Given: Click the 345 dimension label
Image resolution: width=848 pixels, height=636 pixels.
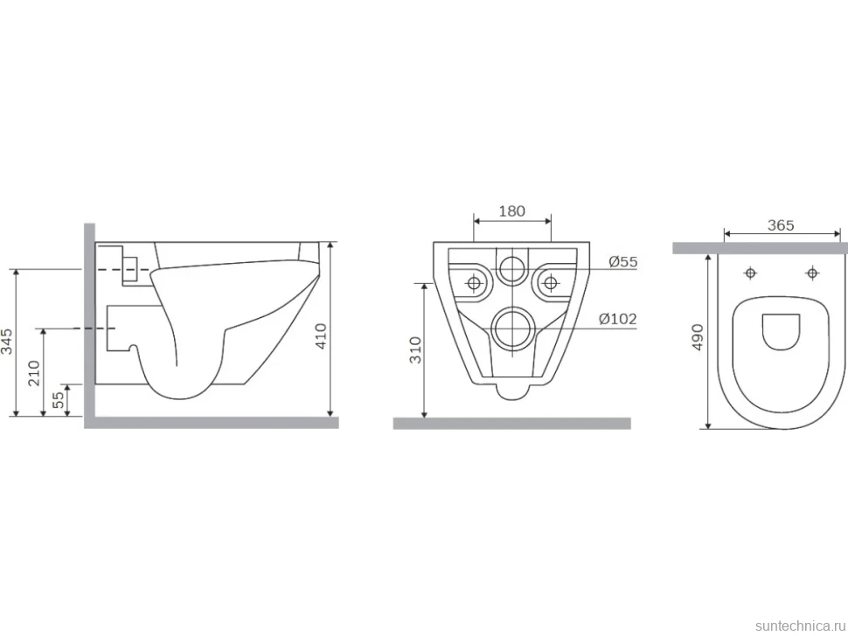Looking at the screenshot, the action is (x=6, y=342).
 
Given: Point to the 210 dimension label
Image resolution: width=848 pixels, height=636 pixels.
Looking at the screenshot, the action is (x=34, y=373).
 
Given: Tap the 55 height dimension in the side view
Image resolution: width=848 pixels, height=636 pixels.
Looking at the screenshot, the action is (x=58, y=399).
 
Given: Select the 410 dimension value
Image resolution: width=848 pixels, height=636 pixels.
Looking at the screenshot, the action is (x=321, y=336).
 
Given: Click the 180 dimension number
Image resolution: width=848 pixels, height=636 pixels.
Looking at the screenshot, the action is (x=511, y=211).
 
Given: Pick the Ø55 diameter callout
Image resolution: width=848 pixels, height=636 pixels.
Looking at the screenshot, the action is (x=623, y=262).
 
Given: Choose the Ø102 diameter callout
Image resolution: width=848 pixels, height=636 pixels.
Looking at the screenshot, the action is (x=617, y=320).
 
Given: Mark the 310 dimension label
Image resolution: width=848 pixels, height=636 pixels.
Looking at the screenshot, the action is (x=415, y=349).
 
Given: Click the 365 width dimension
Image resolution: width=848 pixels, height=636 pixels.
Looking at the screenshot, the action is (x=781, y=225).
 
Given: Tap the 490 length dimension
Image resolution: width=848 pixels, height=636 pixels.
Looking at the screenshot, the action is (x=698, y=337).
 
